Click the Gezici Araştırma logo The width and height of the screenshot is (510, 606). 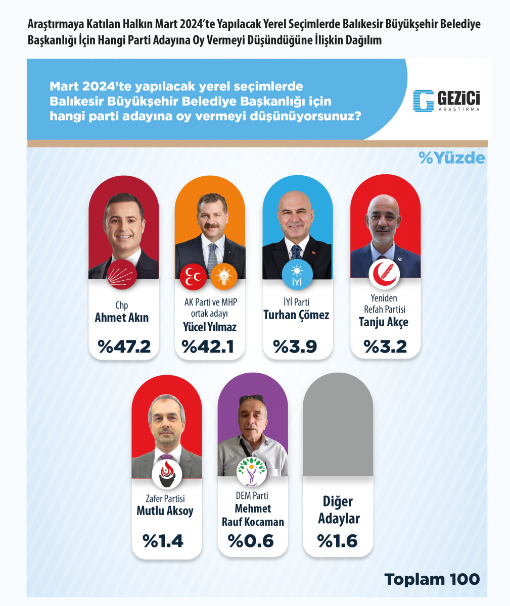click(x=446, y=100)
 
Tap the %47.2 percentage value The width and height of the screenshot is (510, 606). click(x=124, y=346)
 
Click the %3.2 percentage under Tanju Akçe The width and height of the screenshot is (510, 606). click(x=385, y=346)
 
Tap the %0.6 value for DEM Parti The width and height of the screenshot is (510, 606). click(x=251, y=541)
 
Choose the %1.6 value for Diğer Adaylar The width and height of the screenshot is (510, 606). click(x=338, y=541)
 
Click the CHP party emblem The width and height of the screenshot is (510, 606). click(x=121, y=275)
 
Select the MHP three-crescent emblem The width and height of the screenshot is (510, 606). click(x=194, y=277)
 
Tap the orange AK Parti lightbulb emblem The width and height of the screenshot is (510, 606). click(x=223, y=277)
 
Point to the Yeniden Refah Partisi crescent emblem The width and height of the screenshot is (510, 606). click(x=386, y=274)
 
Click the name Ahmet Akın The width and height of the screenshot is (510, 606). click(x=122, y=318)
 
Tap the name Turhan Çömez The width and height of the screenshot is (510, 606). click(x=296, y=316)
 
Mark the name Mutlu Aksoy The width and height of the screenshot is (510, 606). click(x=165, y=511)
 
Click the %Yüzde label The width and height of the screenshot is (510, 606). click(x=451, y=158)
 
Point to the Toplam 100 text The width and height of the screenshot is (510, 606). click(x=432, y=579)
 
